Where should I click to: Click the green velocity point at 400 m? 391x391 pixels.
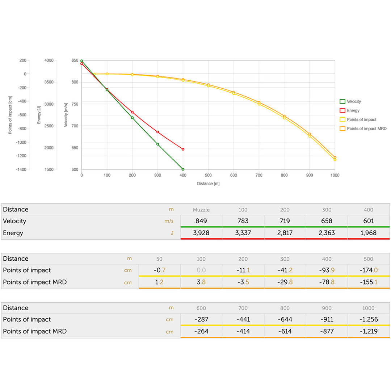coord(183,169)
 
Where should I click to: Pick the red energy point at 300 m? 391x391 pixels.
coord(157,132)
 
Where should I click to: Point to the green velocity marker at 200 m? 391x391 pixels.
coord(132,118)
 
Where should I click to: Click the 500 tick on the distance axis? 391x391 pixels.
coord(208,175)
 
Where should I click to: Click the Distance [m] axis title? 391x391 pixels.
coord(208,184)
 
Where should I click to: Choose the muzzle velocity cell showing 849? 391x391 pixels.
coord(201,221)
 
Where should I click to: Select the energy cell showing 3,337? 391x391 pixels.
coord(243,233)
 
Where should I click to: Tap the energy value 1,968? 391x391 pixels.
coord(368,233)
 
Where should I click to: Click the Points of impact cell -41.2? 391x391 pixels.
coord(285,270)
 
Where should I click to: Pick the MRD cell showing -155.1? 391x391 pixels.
coord(368,282)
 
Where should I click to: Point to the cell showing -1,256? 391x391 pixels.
coord(368,319)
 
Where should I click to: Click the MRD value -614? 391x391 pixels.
coord(285,331)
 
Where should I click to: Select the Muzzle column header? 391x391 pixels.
coord(201,210)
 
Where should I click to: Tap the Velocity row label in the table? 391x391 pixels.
coord(14,221)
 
